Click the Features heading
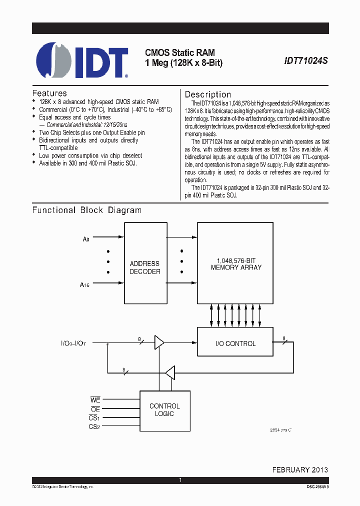click(x=49, y=93)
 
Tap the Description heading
click(x=208, y=94)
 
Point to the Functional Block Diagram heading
click(x=87, y=210)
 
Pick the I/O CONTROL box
click(x=235, y=343)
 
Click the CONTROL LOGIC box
click(x=164, y=410)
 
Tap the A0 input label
click(x=85, y=239)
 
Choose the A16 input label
click(x=84, y=285)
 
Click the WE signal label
click(x=95, y=400)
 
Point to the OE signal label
click(x=95, y=409)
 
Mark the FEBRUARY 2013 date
click(x=300, y=469)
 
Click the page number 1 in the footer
click(x=180, y=480)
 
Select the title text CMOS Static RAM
click(x=180, y=52)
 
